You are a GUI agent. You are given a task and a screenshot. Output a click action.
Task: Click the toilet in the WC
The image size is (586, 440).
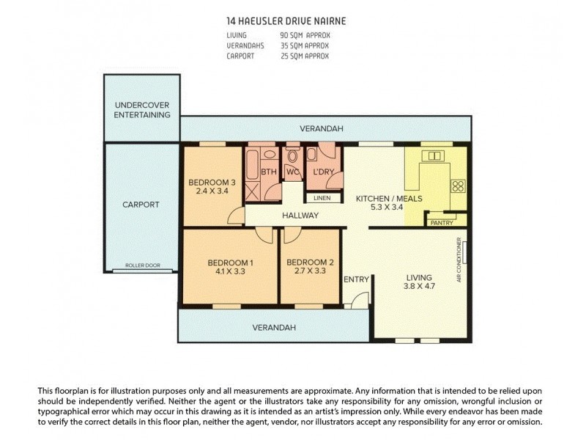tap(293, 156)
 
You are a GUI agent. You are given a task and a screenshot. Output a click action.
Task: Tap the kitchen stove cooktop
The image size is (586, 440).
tap(458, 186)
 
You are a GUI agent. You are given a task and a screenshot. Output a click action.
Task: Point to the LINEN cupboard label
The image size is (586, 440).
tap(322, 198)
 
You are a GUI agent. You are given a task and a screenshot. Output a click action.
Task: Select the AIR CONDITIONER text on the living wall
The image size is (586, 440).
tap(459, 260)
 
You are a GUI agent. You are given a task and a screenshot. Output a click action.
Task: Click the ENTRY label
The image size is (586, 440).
tap(356, 279)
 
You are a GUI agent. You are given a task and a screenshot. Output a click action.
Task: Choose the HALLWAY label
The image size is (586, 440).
tap(300, 216)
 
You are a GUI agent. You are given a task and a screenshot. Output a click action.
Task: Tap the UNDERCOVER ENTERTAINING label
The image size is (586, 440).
tap(142, 110)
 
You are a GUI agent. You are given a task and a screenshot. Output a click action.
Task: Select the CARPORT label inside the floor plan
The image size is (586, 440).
tap(141, 205)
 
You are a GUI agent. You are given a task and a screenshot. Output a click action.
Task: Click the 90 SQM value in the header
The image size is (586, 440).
tap(291, 34)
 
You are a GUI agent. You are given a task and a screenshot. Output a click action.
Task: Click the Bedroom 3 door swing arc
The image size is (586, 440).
tap(235, 216)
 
